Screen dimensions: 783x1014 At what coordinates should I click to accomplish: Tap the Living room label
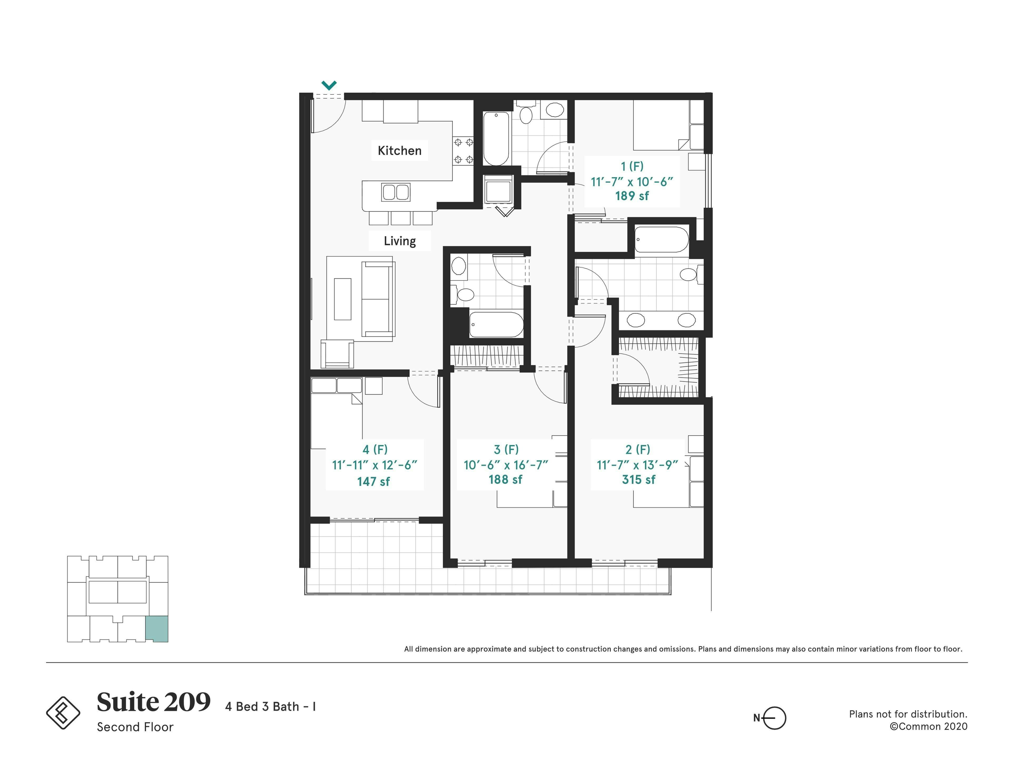399,241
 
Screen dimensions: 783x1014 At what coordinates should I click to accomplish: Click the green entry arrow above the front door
329,85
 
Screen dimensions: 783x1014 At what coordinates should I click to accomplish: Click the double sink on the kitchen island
396,192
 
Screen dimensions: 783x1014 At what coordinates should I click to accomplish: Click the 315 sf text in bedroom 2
638,479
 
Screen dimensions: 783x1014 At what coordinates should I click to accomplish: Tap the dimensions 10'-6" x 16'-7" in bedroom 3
506,465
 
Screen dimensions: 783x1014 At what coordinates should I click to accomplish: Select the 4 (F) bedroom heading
375,449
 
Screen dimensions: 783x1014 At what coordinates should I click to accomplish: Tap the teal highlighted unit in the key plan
157,629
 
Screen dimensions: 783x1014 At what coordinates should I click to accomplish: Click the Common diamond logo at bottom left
63,712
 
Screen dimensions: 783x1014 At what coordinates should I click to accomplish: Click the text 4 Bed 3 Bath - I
270,706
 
